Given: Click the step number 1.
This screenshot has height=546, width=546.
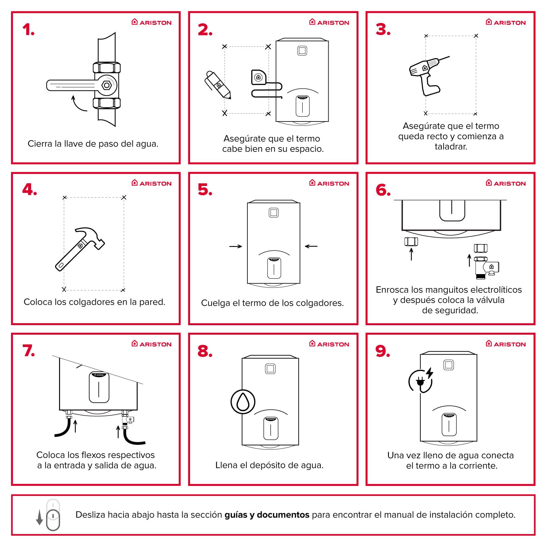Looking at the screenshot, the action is (28, 30).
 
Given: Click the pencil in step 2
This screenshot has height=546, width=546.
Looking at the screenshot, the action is (218, 85).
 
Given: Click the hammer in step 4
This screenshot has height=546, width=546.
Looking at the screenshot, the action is (80, 249).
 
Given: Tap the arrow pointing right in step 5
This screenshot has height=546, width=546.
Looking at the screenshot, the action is (235, 246).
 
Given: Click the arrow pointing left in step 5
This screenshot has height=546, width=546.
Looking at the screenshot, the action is (311, 246).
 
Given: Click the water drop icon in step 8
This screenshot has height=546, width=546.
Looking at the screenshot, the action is (243, 402).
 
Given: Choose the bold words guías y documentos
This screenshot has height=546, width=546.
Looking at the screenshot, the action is (267, 515).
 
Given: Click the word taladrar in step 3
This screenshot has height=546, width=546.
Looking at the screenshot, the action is (451, 147).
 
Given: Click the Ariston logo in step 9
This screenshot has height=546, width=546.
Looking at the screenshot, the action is (506, 344).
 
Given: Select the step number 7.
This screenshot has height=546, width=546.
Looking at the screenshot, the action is (29, 351).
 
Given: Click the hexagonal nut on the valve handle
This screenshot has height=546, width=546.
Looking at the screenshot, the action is (107, 85).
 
